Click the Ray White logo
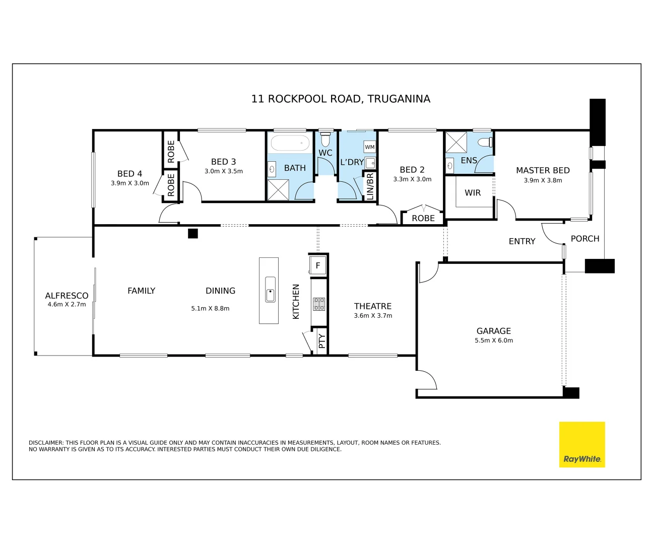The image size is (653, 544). click(x=581, y=444)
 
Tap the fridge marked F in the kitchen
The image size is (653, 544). click(x=318, y=265)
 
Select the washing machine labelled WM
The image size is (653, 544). click(x=370, y=147)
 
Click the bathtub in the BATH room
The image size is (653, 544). click(x=290, y=143)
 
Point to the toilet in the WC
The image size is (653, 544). click(x=325, y=139)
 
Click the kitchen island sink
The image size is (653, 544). click(x=270, y=290)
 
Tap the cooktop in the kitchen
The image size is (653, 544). click(x=319, y=304)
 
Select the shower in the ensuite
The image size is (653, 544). click(x=456, y=143)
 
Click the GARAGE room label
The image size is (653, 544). click(x=493, y=331)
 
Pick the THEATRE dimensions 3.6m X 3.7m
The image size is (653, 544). click(x=373, y=316)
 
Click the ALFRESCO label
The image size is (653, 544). click(x=67, y=296)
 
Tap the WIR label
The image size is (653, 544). click(x=473, y=192)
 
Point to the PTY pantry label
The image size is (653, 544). click(x=322, y=341)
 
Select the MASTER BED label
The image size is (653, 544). click(x=543, y=170)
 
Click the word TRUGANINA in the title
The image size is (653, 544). click(x=399, y=99)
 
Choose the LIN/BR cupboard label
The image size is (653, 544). click(x=370, y=186)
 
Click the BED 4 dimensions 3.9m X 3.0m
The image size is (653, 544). click(x=130, y=183)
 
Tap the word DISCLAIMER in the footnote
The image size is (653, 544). click(x=46, y=443)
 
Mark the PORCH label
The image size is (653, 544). click(x=585, y=239)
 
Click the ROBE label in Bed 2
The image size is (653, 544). click(x=423, y=218)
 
